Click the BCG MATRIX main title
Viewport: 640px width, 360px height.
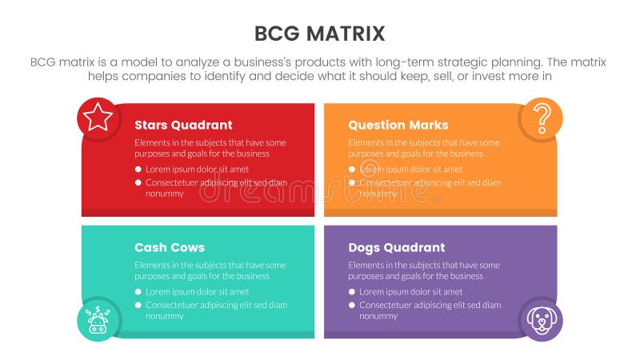319,33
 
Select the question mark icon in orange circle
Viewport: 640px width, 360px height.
541,118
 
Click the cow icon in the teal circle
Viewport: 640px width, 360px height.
98,320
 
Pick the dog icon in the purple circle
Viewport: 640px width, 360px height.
541,320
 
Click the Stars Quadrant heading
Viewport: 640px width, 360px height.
183,125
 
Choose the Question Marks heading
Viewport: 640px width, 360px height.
398,125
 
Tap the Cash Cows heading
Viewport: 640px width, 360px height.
170,247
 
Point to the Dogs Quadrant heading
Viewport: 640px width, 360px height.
396,247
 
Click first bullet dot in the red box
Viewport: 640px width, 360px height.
138,170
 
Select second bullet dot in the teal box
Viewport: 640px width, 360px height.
138,305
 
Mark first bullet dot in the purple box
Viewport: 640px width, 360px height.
352,292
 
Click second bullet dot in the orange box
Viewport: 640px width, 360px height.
352,182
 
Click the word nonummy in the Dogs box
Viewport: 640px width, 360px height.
378,316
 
